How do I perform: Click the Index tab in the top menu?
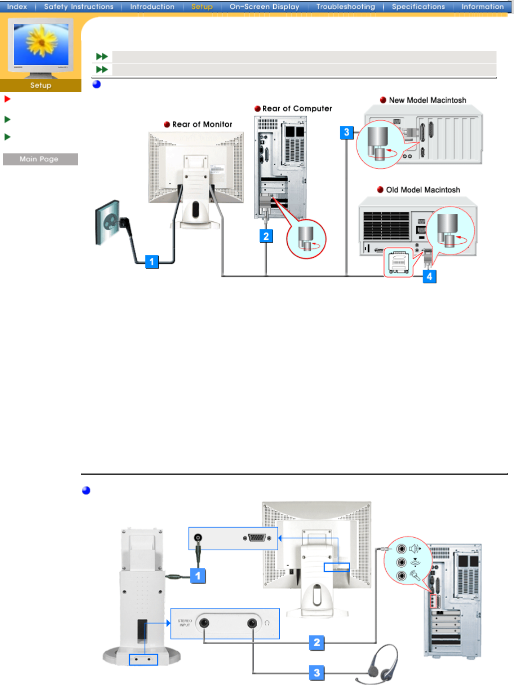click(17, 6)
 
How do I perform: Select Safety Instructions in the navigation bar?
click(78, 6)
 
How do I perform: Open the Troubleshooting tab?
click(345, 6)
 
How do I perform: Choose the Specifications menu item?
click(418, 6)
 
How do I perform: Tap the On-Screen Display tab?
click(264, 6)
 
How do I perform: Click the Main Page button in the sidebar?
click(39, 159)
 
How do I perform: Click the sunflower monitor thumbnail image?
click(41, 45)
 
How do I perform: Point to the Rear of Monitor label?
click(202, 124)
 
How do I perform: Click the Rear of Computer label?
click(297, 108)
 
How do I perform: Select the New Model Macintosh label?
click(427, 100)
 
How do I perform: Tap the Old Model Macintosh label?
click(423, 190)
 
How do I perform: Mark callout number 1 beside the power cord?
click(152, 262)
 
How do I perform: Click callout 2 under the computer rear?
click(266, 236)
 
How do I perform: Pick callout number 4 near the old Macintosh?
click(429, 276)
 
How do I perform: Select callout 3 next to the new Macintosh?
click(347, 132)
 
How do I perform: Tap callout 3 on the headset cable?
click(317, 673)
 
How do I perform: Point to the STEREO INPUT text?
click(185, 623)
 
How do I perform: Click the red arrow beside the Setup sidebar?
click(7, 99)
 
